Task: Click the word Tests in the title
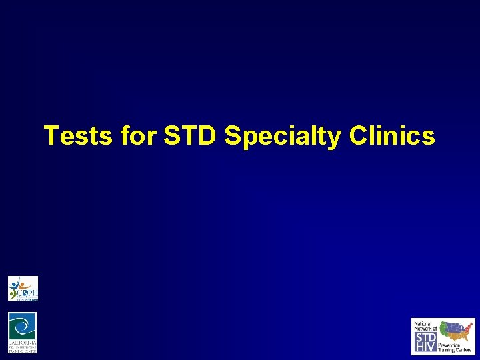(79, 136)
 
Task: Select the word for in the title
(138, 136)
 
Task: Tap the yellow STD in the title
(190, 136)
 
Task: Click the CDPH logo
(23, 289)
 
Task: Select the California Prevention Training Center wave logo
(23, 332)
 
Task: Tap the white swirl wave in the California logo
(23, 327)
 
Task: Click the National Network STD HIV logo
(443, 336)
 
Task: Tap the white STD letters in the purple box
(425, 337)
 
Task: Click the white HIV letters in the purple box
(425, 347)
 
